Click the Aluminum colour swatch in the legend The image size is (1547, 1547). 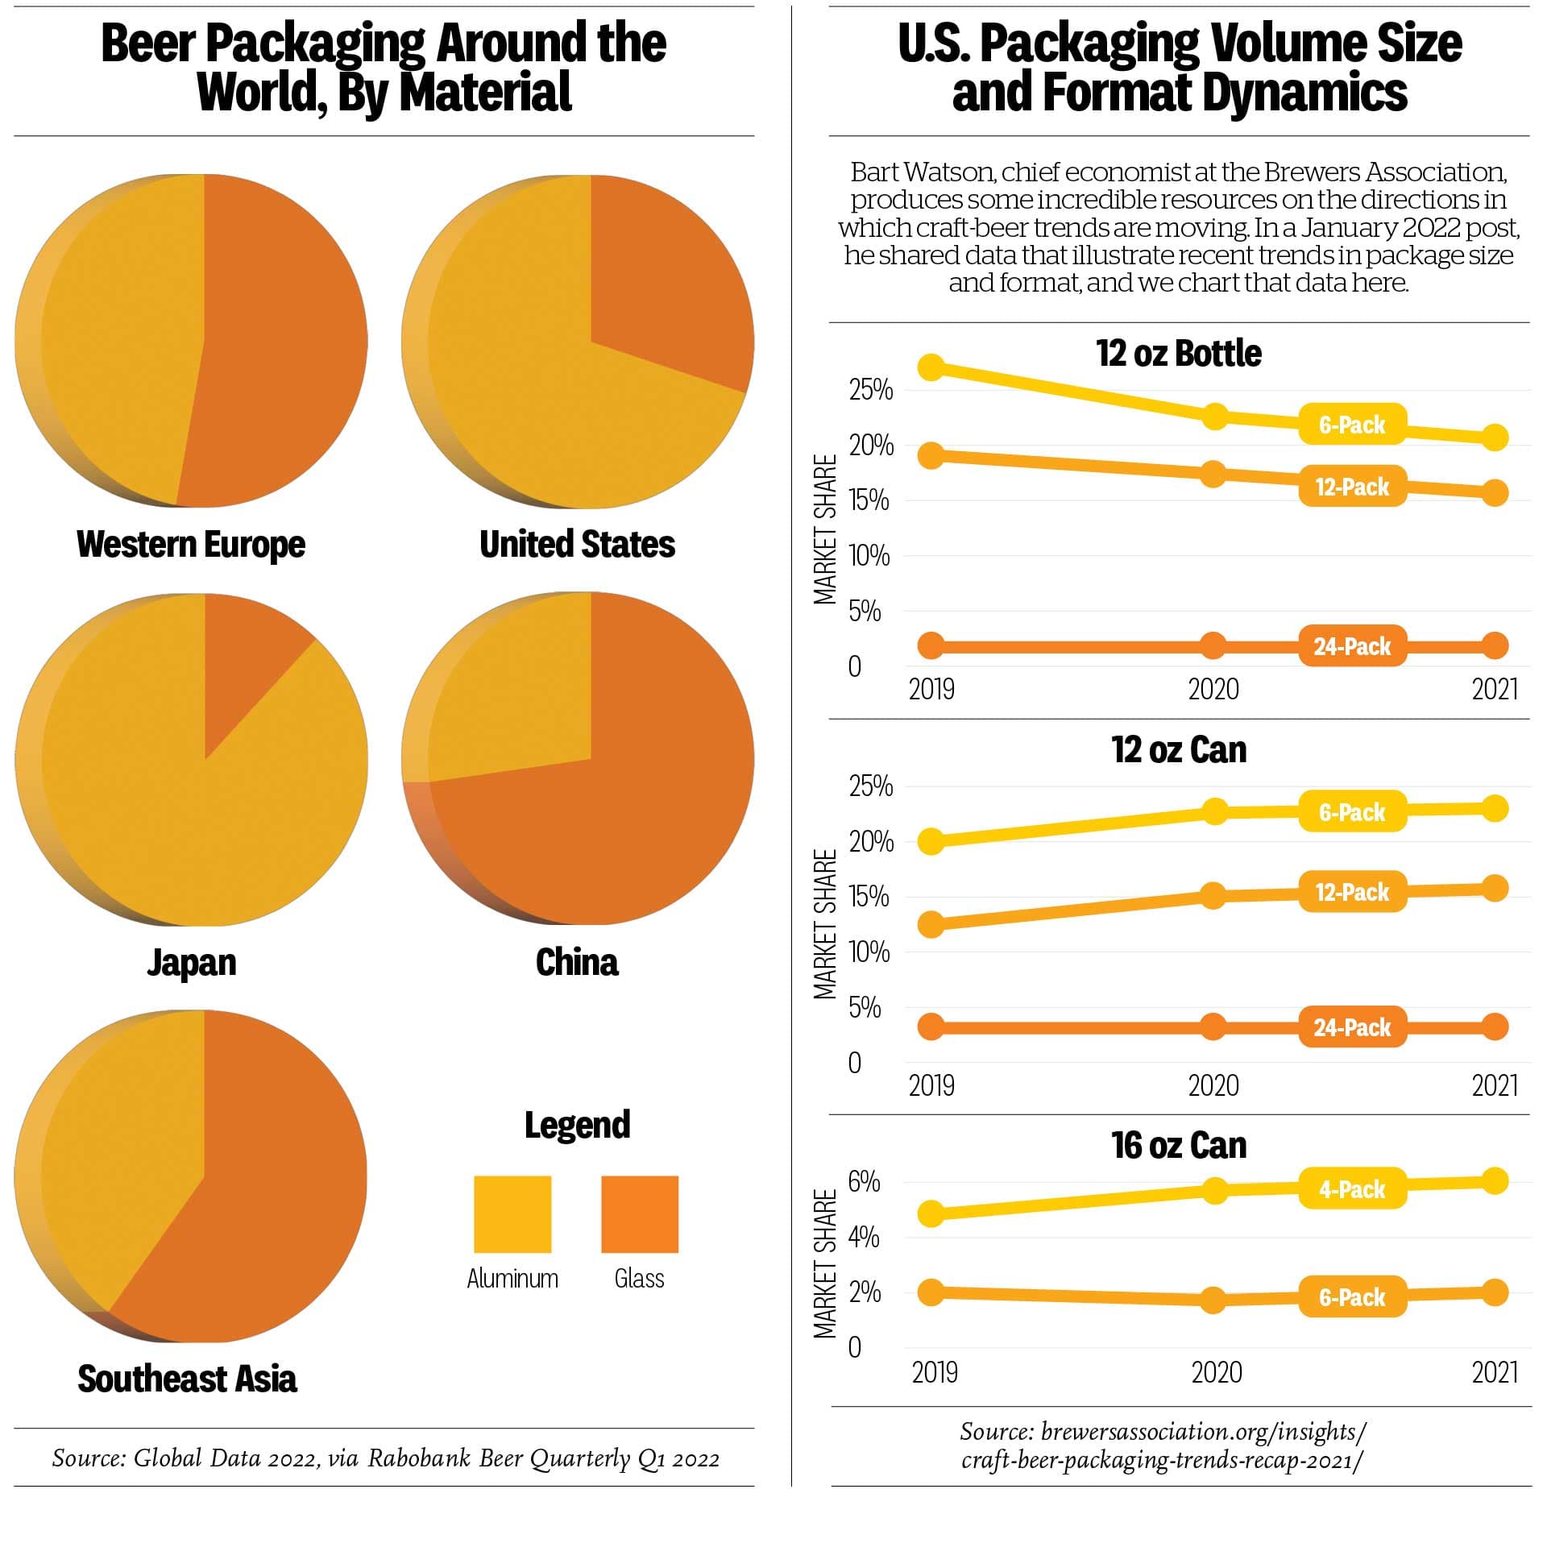click(512, 1213)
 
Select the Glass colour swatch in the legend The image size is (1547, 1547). click(640, 1213)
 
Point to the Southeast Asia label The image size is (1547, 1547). click(187, 1379)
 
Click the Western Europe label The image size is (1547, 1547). click(191, 544)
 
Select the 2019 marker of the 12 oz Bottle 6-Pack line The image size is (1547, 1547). click(931, 367)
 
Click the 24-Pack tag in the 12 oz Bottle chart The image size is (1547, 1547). click(1352, 645)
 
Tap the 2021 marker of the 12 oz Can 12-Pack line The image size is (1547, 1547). click(1495, 889)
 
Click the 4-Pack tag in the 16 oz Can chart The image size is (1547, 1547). click(1352, 1189)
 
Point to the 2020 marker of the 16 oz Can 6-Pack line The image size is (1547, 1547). click(1213, 1300)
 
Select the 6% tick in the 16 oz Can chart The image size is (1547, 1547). click(864, 1182)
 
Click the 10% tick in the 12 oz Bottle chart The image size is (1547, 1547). click(869, 555)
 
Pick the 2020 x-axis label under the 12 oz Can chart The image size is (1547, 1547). click(1213, 1085)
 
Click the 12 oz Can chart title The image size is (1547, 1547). click(1179, 749)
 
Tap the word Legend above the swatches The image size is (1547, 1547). click(577, 1125)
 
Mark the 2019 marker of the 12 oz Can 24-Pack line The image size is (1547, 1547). click(931, 1026)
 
